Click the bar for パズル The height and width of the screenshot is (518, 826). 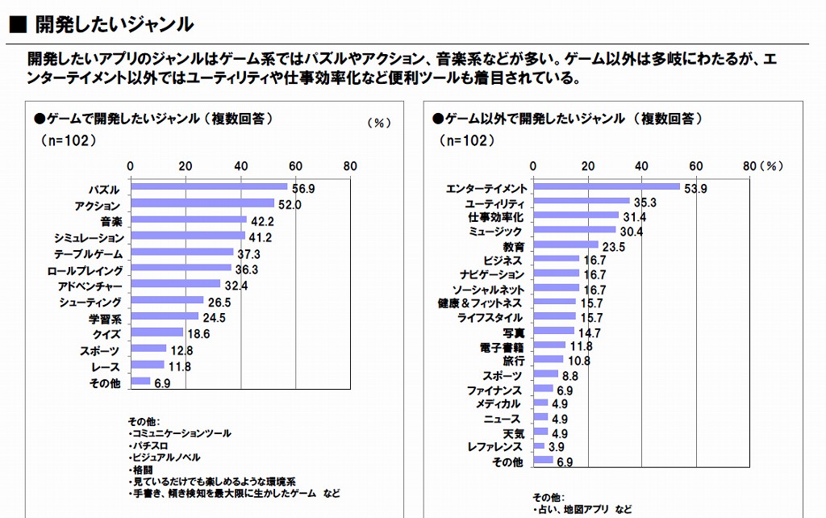208,188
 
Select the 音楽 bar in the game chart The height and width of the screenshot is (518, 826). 188,219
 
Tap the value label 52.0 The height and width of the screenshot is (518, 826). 290,205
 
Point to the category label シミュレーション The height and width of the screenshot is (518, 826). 90,238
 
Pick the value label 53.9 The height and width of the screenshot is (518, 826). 695,189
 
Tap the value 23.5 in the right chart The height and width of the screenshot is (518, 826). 614,247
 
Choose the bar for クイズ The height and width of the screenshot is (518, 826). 156,332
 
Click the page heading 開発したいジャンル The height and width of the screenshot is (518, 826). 114,24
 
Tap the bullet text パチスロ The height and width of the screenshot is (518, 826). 149,445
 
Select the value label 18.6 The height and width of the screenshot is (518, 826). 198,332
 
